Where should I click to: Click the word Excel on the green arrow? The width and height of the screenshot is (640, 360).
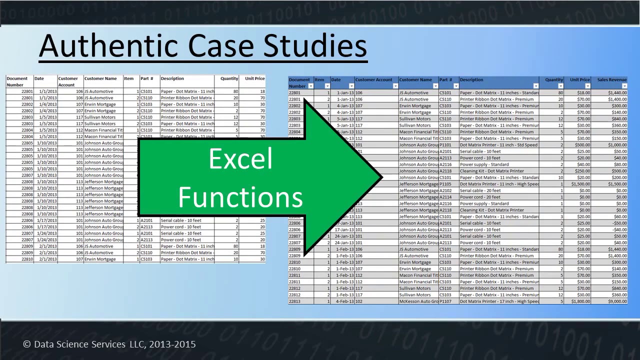coord(240,159)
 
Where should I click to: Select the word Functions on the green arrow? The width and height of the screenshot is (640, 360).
coord(240,197)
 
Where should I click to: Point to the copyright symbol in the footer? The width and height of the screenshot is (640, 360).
coord(26,344)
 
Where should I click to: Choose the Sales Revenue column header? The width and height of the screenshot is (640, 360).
coord(611,80)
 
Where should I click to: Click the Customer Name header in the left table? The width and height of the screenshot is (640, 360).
coord(100,78)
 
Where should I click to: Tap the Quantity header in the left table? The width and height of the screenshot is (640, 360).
coord(229,78)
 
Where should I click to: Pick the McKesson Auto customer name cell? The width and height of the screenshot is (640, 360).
coord(418,301)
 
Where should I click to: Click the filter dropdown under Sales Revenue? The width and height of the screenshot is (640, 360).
coord(624,86)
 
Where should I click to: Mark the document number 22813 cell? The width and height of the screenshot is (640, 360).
coord(294,301)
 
